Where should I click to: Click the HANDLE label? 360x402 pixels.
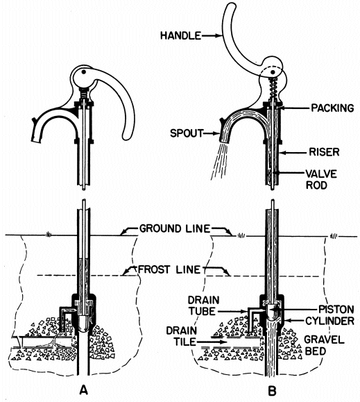tap(180, 35)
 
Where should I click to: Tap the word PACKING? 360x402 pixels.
tap(332, 108)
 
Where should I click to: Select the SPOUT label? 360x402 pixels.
tap(187, 133)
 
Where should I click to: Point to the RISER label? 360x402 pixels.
tap(324, 152)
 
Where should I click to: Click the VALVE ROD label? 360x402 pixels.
tap(321, 179)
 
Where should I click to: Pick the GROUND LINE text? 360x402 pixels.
tap(175, 228)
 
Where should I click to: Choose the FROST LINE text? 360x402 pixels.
tap(169, 269)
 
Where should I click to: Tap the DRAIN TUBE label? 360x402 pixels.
tap(203, 305)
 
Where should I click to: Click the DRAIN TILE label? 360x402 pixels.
tap(181, 336)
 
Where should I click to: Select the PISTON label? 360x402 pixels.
tap(336, 309)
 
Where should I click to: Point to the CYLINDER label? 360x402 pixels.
tap(329, 321)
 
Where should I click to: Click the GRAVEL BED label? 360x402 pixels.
tap(324, 345)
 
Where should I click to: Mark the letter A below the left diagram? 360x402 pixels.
tap(84, 390)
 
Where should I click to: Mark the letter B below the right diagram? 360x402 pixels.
tap(272, 391)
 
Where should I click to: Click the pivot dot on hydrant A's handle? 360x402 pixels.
tap(83, 72)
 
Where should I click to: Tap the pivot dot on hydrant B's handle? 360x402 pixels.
tap(273, 72)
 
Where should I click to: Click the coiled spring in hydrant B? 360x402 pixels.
tap(273, 89)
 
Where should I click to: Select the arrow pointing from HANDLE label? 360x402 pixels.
tap(212, 36)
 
